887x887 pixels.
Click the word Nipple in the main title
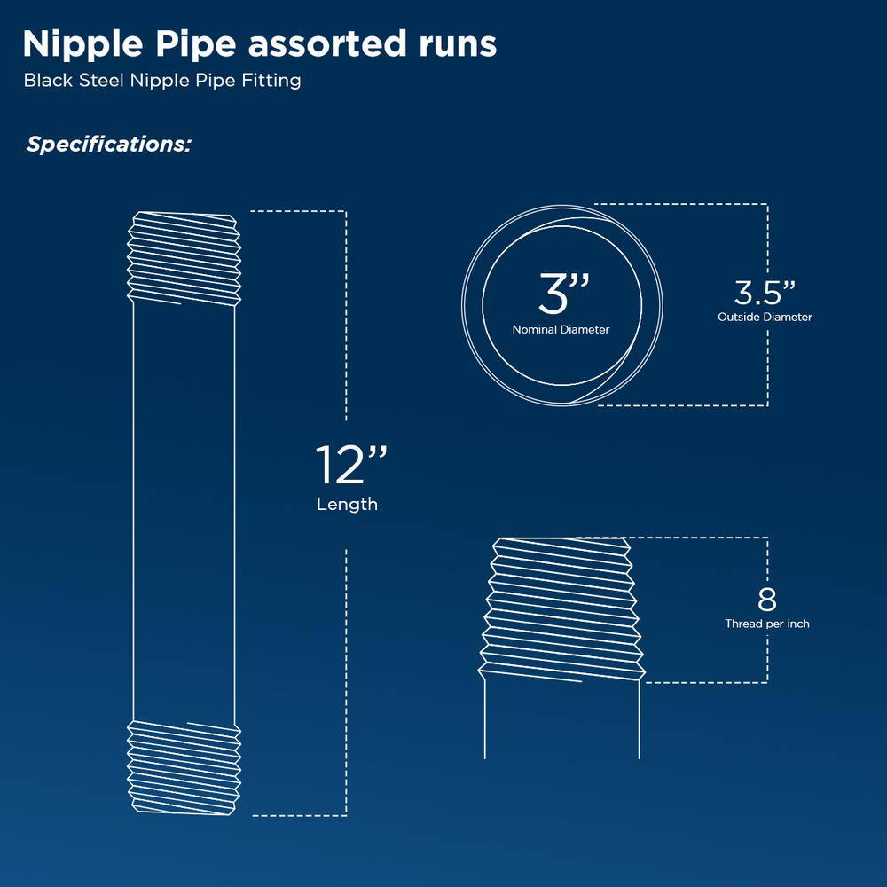(x=83, y=44)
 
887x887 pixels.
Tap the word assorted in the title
(x=327, y=44)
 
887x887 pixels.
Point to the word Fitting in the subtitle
(x=271, y=81)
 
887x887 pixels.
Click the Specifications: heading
(x=109, y=145)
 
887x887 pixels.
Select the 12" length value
(x=351, y=465)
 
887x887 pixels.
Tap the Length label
(x=348, y=504)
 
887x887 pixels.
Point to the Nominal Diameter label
(x=561, y=330)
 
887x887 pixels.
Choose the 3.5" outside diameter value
(x=765, y=293)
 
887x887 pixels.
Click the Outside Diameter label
(x=765, y=318)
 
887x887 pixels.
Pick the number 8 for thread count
(x=767, y=600)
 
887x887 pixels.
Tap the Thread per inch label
(x=767, y=624)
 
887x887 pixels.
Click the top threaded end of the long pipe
(x=184, y=258)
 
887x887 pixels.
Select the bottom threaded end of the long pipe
(x=184, y=768)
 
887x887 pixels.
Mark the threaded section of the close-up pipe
(x=561, y=609)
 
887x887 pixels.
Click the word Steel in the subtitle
(x=101, y=81)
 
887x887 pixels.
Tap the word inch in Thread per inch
(x=798, y=624)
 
